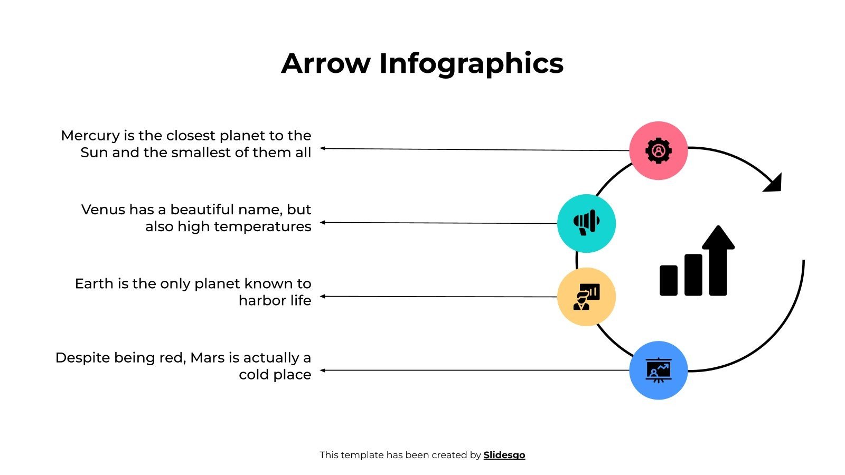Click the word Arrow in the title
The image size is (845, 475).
pyautogui.click(x=326, y=64)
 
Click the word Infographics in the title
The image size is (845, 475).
pyautogui.click(x=471, y=64)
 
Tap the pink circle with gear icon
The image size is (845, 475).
pyautogui.click(x=658, y=150)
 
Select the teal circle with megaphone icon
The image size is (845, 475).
pyautogui.click(x=586, y=223)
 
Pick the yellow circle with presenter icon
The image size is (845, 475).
pyautogui.click(x=586, y=297)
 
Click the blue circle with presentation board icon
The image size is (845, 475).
pyautogui.click(x=658, y=370)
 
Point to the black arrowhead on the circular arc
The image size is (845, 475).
pyautogui.click(x=774, y=184)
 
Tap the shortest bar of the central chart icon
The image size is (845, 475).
pyautogui.click(x=668, y=280)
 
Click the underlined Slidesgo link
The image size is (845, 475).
pyautogui.click(x=504, y=455)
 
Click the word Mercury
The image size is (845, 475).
pyautogui.click(x=90, y=136)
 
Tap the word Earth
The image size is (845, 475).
pyautogui.click(x=94, y=283)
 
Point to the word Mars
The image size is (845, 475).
pyautogui.click(x=208, y=357)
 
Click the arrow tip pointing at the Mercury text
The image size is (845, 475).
pyautogui.click(x=322, y=148)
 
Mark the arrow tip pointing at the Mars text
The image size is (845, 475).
pyautogui.click(x=322, y=370)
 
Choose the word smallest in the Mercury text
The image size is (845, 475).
pyautogui.click(x=204, y=153)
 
